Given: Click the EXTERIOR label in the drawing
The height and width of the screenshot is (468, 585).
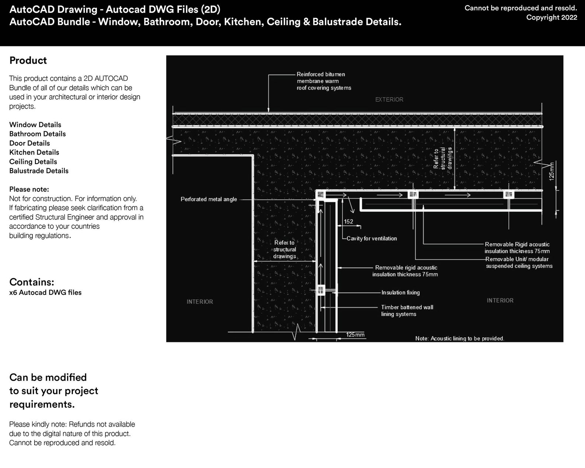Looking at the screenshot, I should pos(389,99).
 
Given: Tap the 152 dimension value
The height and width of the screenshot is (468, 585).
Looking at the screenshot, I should pos(348,221).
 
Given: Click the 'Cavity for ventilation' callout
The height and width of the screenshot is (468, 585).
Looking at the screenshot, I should pos(371,238).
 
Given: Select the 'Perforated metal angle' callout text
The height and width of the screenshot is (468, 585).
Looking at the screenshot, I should pos(209,199).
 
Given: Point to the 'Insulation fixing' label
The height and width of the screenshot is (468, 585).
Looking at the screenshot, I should pos(400,293).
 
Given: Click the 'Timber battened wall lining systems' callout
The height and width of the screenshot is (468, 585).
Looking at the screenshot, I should pos(407,311).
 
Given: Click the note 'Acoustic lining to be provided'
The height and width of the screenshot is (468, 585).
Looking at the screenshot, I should pos(459,338).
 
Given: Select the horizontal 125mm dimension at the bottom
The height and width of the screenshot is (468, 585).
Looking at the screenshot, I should pos(355,335).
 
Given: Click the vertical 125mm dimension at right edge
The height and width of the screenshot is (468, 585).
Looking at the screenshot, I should pos(551,171).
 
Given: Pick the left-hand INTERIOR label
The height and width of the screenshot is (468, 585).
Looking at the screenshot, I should pos(200,302).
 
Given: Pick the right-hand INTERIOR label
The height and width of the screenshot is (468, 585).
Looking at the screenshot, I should pos(500,301).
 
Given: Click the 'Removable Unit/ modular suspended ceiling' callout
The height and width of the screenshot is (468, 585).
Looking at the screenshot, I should pos(519,262).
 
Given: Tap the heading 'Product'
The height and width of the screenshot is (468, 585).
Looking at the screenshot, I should pos(28,60).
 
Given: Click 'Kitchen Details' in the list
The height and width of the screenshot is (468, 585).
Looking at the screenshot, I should pos(34,152).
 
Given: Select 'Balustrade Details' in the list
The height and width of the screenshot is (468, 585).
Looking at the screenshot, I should pos(39,171).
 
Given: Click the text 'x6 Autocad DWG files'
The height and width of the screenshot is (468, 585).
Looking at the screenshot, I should pos(45,293).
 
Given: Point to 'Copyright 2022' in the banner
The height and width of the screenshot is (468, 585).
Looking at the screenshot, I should pos(551,17).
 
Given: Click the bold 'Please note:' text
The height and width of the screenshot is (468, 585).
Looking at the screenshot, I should pos(29,189).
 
